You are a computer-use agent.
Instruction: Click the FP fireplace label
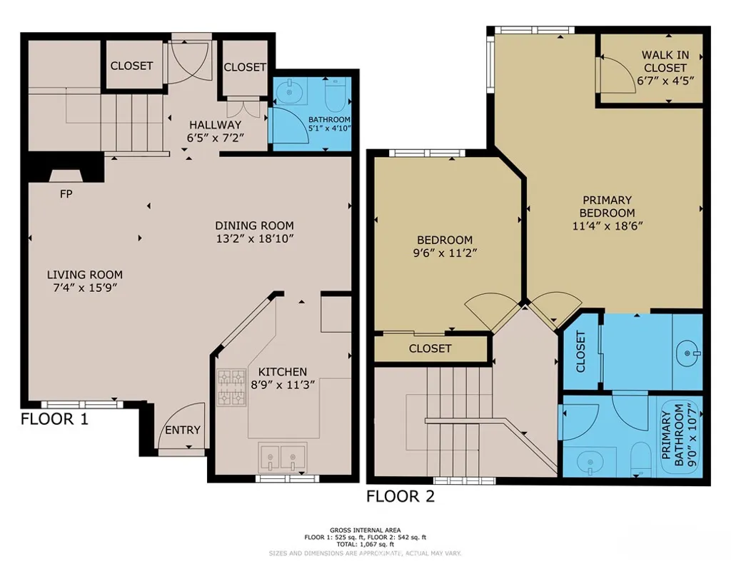coord(66,193)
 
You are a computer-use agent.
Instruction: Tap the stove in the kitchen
coord(231,386)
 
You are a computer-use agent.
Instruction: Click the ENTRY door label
coord(183,430)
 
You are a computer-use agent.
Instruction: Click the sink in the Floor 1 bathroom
coord(290,91)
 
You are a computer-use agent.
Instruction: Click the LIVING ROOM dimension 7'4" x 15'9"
coord(84,288)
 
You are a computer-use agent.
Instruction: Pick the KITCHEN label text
coord(282,372)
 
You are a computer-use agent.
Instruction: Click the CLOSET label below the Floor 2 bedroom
coord(430,348)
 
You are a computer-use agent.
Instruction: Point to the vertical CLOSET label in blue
coord(580,352)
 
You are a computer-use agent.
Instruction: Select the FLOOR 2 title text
coord(400,496)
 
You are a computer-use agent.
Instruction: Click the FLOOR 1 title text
coord(54,419)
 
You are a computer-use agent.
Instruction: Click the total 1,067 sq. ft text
coord(365,544)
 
